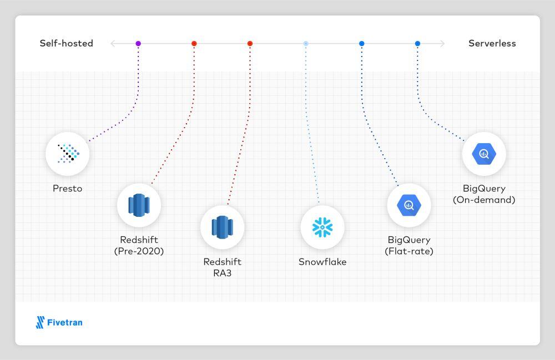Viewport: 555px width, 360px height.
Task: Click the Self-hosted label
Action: tap(66, 43)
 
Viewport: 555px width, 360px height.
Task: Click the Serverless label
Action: tap(492, 43)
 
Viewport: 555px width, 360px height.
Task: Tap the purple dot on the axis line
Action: tap(138, 43)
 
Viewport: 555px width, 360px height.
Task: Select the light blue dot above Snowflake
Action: tap(306, 43)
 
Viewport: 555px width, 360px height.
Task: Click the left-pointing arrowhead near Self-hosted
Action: tap(113, 43)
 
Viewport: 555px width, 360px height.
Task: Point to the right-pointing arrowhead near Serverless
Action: tap(442, 43)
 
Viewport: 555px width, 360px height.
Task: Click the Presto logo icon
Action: tap(68, 154)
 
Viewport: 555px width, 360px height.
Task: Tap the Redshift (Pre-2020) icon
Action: tap(139, 205)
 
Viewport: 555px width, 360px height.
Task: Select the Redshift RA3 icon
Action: tap(223, 227)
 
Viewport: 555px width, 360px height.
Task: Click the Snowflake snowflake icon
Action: tap(322, 227)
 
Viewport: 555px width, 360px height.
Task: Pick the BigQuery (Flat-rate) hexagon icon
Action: tap(409, 205)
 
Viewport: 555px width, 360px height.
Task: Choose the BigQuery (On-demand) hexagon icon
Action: tap(484, 154)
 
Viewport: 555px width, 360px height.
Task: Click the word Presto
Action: tap(67, 189)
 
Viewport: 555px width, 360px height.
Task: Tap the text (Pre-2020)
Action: tap(139, 251)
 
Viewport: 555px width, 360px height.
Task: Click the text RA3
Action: tap(223, 273)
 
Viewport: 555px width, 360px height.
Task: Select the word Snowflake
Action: tap(322, 262)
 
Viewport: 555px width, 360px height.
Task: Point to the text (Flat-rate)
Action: tap(409, 251)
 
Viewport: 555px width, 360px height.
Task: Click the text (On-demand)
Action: tap(484, 200)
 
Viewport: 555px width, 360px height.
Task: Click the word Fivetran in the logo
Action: tap(65, 322)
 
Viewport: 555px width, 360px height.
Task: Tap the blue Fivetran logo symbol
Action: tap(41, 322)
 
